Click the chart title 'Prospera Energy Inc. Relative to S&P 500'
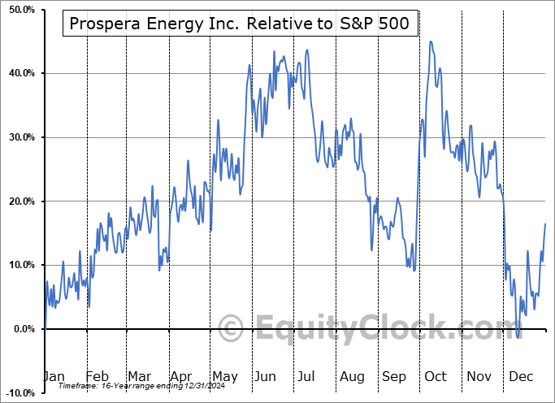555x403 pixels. click(240, 25)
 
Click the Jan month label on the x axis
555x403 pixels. click(54, 376)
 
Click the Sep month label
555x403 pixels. click(393, 376)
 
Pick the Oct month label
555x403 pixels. click(436, 376)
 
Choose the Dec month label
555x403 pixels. click(522, 376)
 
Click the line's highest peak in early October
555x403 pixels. click(431, 41)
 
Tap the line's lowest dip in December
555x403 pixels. click(518, 336)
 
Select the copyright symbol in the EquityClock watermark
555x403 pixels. click(232, 329)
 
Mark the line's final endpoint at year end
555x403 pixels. click(545, 223)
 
